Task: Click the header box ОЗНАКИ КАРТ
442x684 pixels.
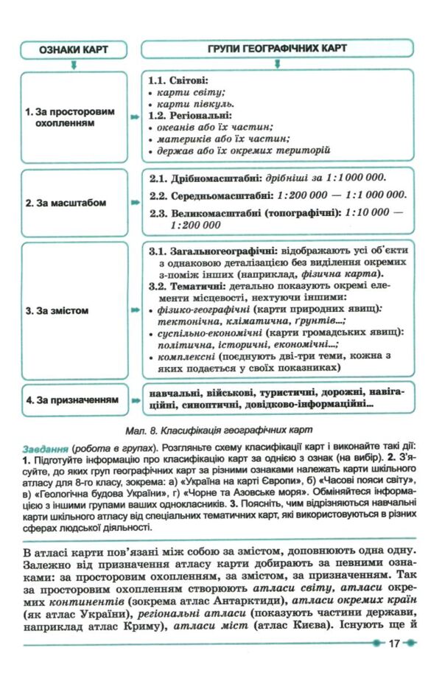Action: (71, 49)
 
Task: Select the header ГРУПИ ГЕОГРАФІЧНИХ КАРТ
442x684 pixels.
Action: (276, 49)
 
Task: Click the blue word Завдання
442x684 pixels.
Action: (45, 447)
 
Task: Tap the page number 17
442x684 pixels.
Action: (393, 643)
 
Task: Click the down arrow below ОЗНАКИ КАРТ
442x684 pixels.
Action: (72, 65)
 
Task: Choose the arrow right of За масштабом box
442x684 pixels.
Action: (133, 202)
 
